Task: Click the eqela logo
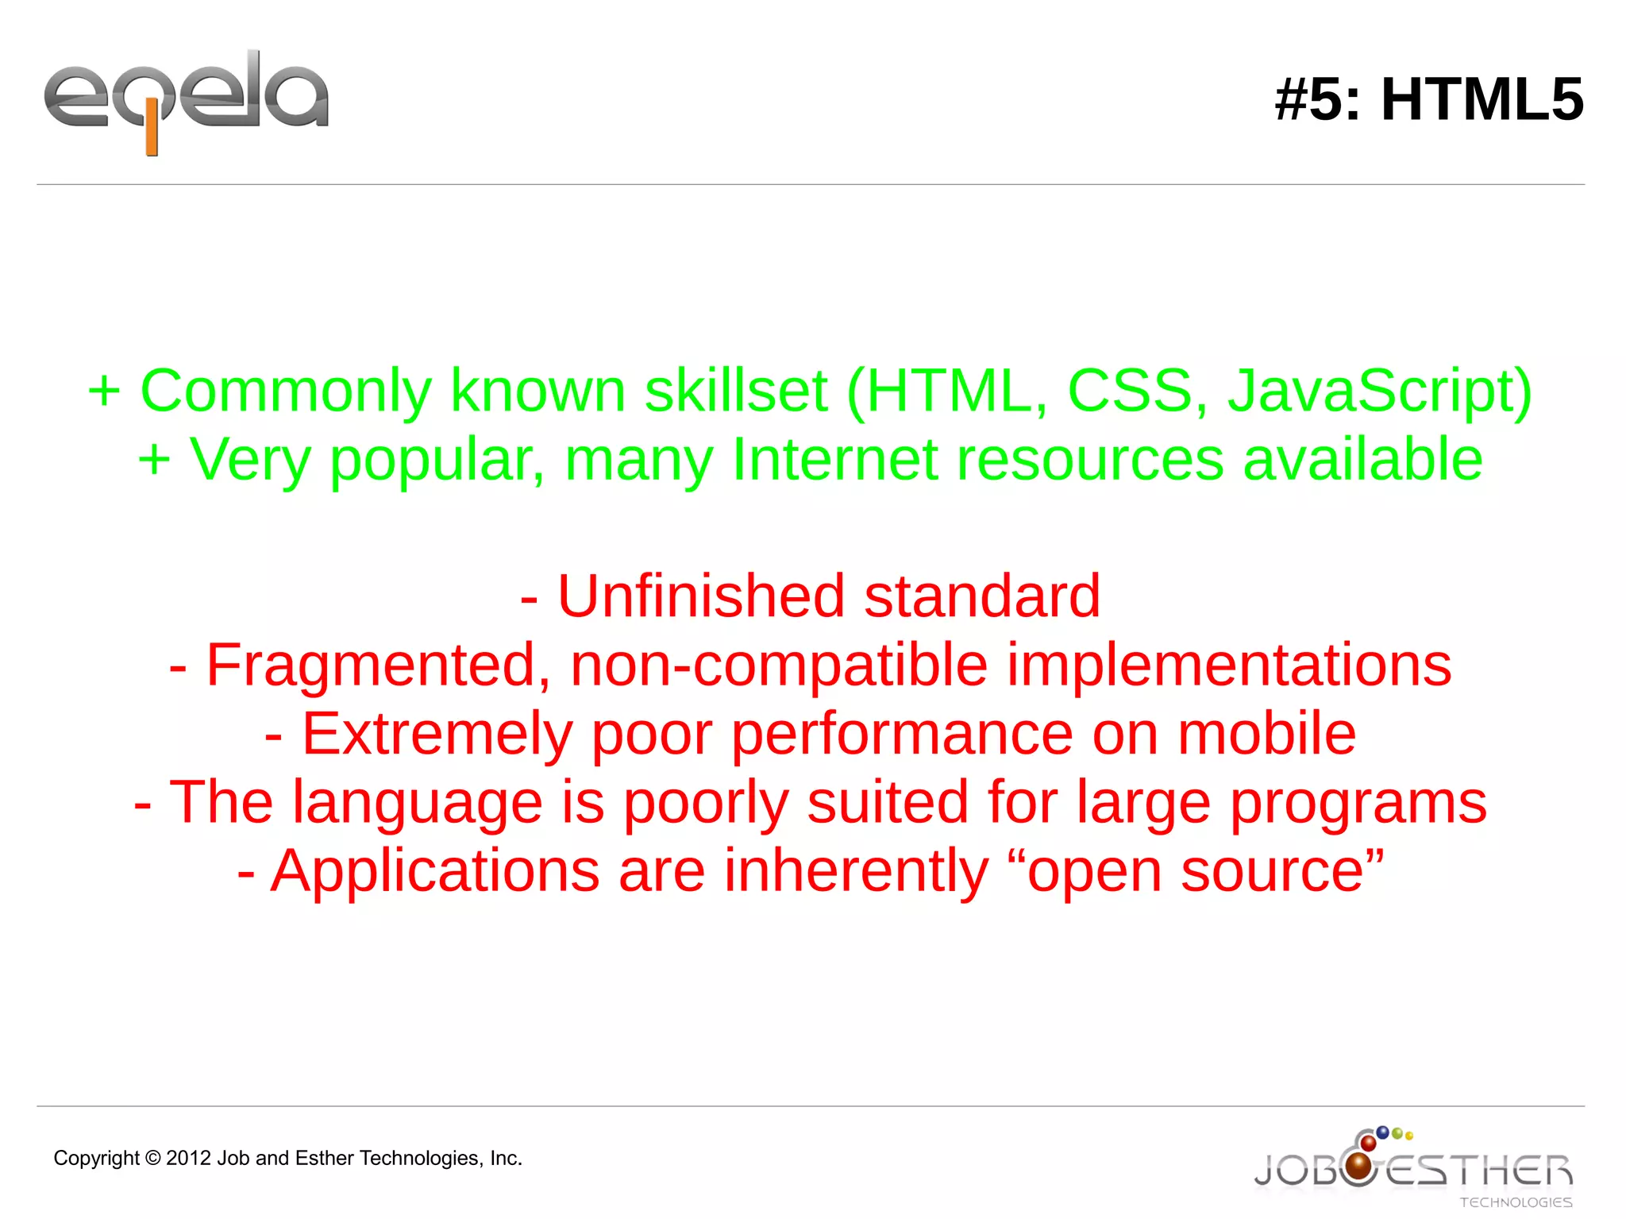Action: tap(186, 100)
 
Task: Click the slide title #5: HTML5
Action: tap(1428, 100)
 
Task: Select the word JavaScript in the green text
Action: tap(1379, 392)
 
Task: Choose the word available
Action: tap(1362, 460)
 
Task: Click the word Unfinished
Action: tap(701, 596)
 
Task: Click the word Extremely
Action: tap(437, 734)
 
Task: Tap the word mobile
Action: tap(1266, 734)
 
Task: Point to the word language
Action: tap(418, 803)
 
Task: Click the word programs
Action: tap(1358, 803)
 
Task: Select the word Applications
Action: tap(435, 871)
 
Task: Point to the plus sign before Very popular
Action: tap(154, 460)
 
